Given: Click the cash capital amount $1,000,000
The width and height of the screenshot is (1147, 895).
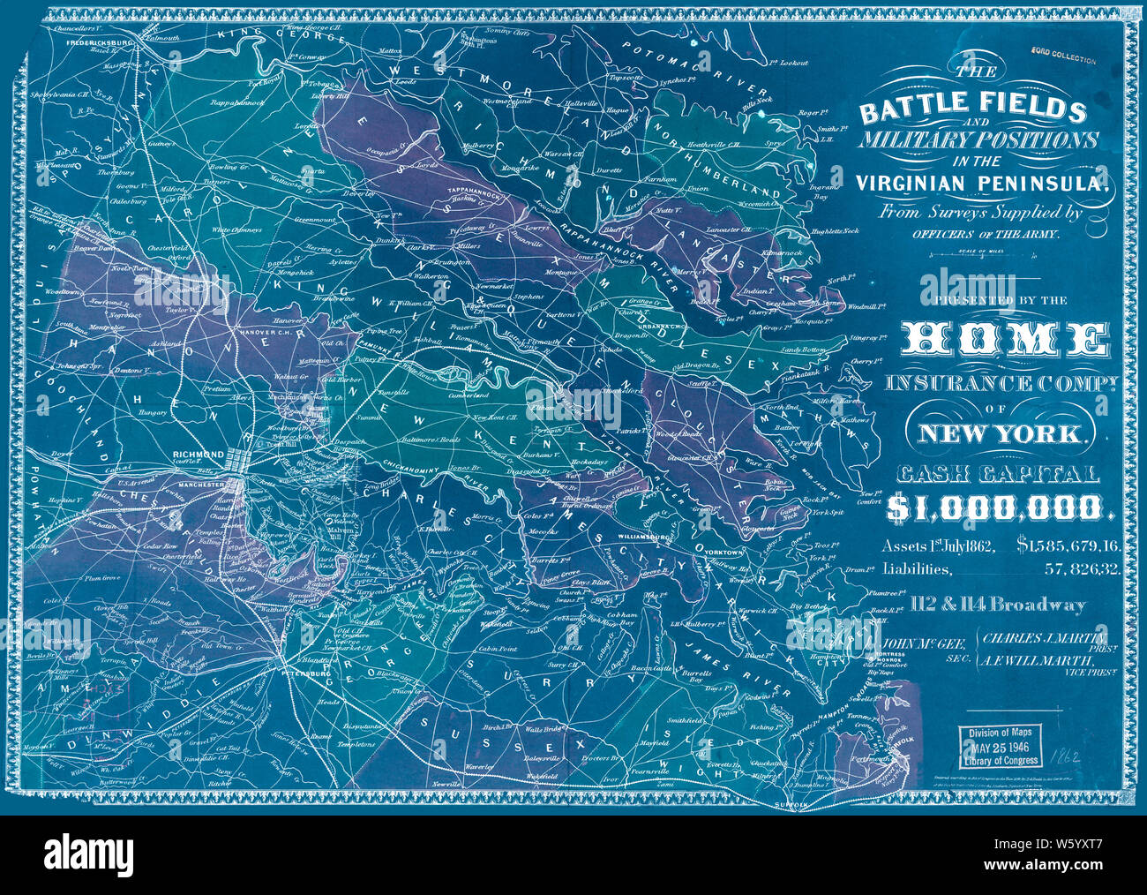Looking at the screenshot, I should coord(994,507).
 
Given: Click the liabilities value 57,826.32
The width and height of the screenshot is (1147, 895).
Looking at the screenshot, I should coord(1083,570).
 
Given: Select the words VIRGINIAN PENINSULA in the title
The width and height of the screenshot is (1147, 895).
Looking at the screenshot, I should coord(978,183).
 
